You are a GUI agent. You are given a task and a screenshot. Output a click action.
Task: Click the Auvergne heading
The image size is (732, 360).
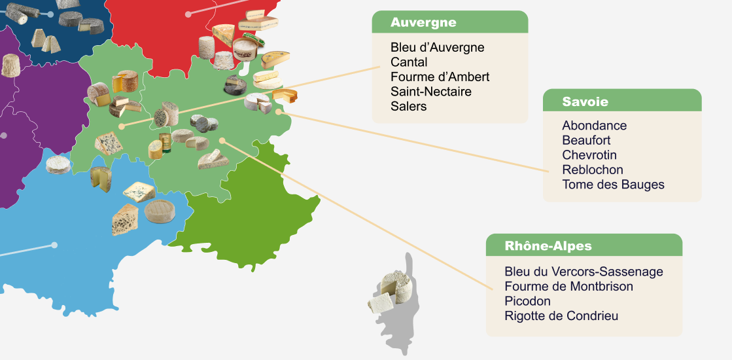coord(423,22)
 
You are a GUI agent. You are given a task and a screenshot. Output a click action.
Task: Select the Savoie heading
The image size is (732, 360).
coord(585,101)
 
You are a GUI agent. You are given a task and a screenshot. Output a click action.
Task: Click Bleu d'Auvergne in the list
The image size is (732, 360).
coord(437,48)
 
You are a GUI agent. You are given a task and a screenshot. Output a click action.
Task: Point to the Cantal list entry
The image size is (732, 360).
coord(409,62)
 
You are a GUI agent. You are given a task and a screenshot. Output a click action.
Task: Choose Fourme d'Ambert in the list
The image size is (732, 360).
coord(440,77)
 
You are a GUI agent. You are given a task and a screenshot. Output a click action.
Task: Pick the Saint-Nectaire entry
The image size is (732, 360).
coord(430,92)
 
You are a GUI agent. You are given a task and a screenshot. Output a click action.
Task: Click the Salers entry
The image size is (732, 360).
coord(408,106)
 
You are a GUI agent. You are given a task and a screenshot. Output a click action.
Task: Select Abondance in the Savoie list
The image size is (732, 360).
coord(594,126)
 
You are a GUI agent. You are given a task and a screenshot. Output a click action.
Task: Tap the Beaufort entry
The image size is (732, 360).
coord(586,140)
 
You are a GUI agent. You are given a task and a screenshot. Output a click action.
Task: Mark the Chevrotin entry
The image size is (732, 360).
coord(589,155)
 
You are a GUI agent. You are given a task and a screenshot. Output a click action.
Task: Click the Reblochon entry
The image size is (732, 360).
coord(592,170)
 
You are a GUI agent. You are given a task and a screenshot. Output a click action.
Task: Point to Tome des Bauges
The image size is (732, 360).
coord(613,185)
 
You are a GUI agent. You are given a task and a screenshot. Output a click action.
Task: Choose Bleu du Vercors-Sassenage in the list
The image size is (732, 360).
coord(584,272)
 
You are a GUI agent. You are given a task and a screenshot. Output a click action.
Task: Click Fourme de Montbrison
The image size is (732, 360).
coord(568,286)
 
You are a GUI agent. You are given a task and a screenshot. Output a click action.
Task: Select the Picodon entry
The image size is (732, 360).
coord(527,301)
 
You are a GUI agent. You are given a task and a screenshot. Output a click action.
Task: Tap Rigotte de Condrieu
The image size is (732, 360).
coord(561,316)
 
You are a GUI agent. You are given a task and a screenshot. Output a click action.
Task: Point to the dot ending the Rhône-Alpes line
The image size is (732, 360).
coord(222,140)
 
